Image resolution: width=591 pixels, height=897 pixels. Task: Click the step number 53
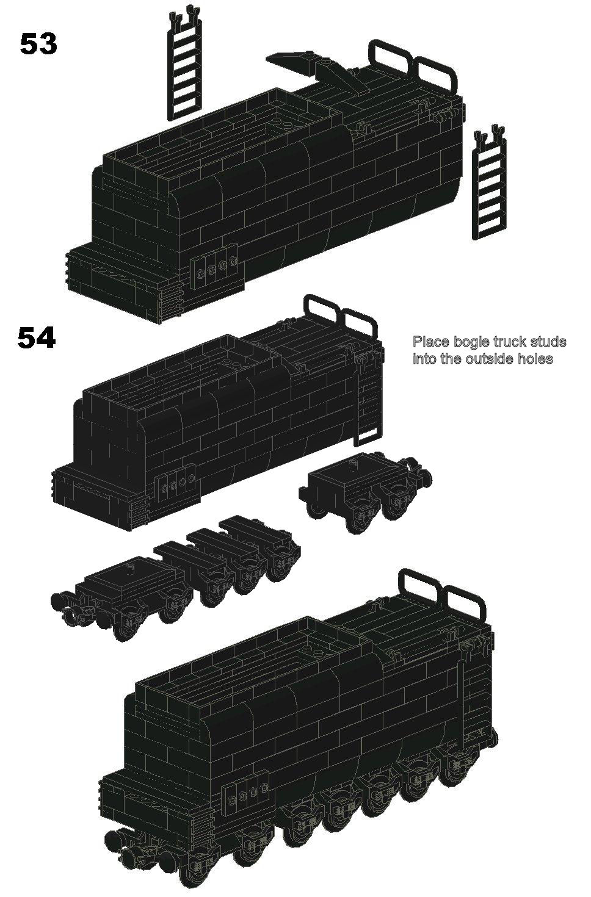(38, 44)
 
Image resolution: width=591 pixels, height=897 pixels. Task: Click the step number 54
(37, 339)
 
